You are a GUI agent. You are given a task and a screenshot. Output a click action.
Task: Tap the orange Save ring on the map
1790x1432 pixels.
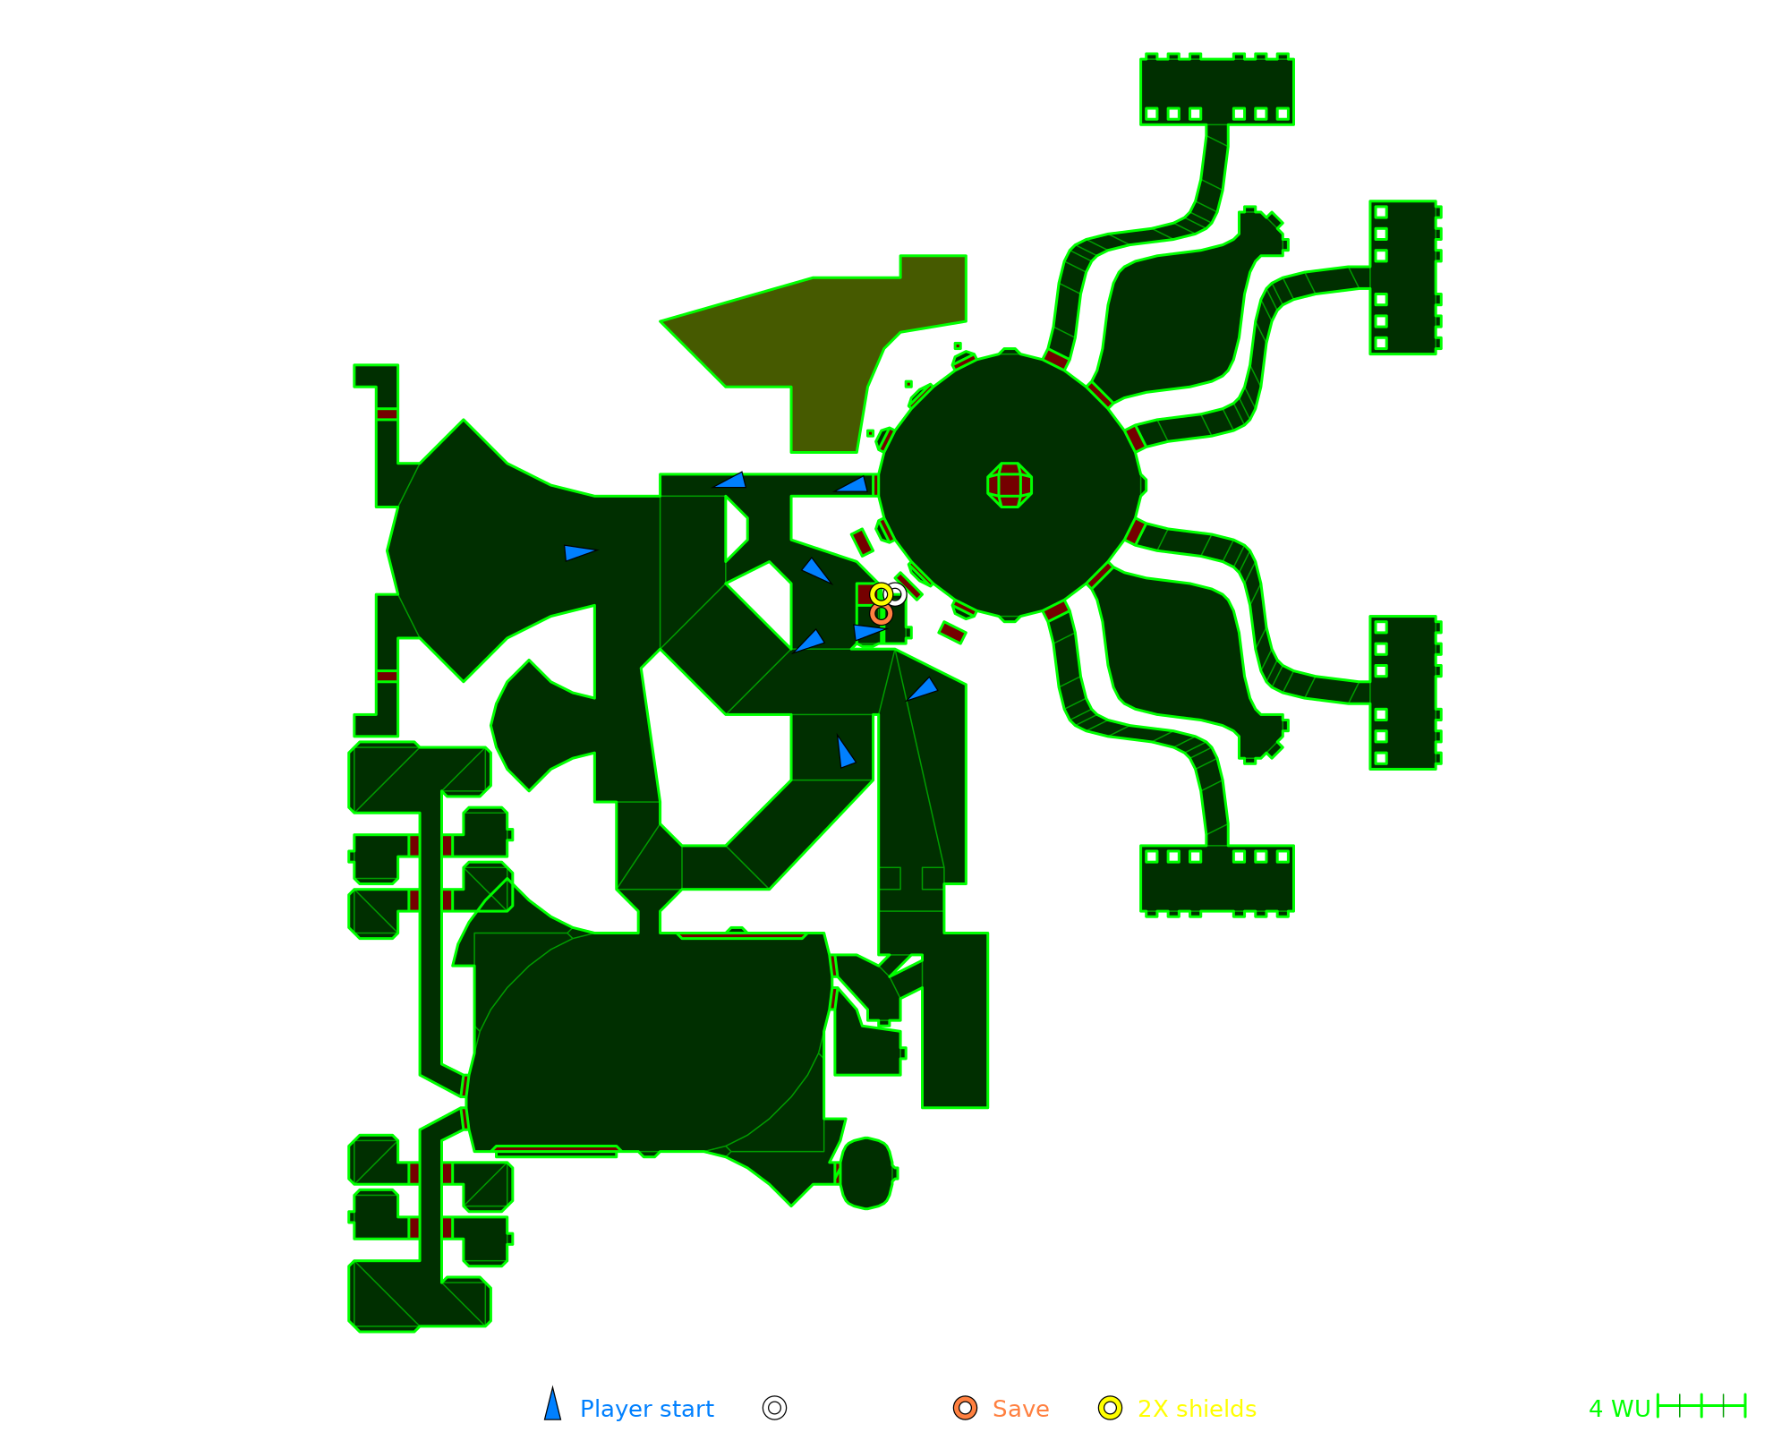tap(882, 614)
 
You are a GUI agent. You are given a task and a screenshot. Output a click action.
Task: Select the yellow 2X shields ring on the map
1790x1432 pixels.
tap(881, 593)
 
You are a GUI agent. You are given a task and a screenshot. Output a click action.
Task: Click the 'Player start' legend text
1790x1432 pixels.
tap(646, 1409)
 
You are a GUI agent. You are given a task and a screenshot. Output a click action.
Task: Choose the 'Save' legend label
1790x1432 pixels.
tap(1020, 1409)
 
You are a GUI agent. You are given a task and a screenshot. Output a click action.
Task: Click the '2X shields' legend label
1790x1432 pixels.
tap(1197, 1409)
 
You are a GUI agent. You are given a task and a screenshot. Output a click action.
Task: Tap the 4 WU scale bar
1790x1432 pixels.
tap(1700, 1406)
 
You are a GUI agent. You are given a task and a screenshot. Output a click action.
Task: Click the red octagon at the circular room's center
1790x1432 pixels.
tap(1010, 485)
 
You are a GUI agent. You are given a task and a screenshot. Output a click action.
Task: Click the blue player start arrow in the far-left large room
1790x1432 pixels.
tap(578, 552)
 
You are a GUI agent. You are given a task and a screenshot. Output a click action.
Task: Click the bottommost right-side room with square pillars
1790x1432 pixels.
tap(1217, 879)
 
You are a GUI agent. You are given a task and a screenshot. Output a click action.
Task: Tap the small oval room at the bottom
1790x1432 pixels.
tap(866, 1172)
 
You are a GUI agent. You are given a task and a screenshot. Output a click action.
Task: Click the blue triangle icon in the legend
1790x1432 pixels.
tap(553, 1406)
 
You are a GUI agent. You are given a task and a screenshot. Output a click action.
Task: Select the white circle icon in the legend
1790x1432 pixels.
tap(775, 1408)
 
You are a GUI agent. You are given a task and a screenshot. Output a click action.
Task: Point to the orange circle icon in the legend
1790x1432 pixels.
tap(965, 1408)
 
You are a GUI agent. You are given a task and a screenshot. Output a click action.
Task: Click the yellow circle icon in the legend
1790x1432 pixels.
tap(1110, 1408)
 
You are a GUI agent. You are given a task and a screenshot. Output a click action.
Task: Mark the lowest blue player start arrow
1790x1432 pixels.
tap(844, 753)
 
